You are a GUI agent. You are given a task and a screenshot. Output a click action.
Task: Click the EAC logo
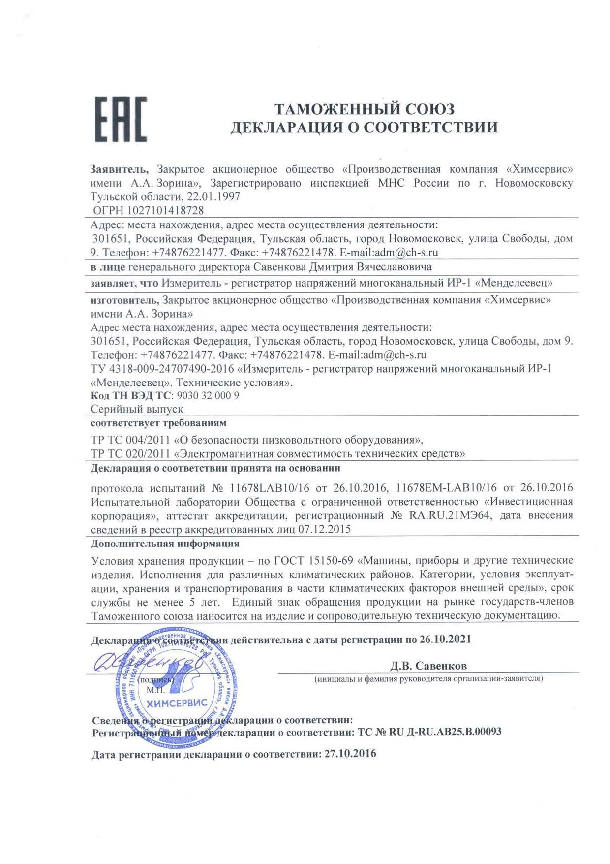121,120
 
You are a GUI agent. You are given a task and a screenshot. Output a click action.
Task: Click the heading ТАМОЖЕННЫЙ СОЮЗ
364,109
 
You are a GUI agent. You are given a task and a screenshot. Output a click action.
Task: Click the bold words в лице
108,267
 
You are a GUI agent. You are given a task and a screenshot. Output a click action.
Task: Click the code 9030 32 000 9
208,396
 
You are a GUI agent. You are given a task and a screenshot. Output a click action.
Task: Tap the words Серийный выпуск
137,409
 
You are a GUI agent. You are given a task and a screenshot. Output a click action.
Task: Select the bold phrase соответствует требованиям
158,423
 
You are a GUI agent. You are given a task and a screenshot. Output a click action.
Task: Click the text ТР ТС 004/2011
130,440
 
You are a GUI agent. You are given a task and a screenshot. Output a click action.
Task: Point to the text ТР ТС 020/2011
130,453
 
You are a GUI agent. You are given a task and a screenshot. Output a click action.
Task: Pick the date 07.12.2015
325,529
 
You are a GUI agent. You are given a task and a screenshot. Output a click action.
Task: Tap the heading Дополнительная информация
165,544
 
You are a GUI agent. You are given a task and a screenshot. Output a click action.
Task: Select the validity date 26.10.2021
445,640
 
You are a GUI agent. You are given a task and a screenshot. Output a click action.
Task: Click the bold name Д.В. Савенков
428,666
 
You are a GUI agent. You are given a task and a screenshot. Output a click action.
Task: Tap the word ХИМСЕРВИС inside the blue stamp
177,703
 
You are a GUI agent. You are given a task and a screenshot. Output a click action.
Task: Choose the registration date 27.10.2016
350,754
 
